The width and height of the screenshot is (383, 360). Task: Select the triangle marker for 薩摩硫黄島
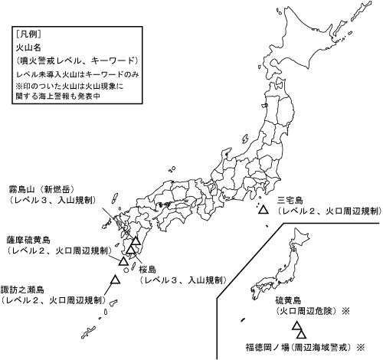click(x=123, y=260)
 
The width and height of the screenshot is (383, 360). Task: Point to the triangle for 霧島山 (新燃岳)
click(x=136, y=242)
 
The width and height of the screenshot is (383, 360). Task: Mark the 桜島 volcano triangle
click(x=132, y=250)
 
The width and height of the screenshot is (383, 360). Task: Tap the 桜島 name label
click(x=148, y=270)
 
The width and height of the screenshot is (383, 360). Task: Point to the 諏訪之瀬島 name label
click(x=23, y=290)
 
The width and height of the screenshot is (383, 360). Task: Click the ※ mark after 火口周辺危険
click(x=345, y=313)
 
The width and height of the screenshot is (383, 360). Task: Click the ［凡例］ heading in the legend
click(x=28, y=34)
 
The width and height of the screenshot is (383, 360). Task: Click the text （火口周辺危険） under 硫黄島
click(x=306, y=313)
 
